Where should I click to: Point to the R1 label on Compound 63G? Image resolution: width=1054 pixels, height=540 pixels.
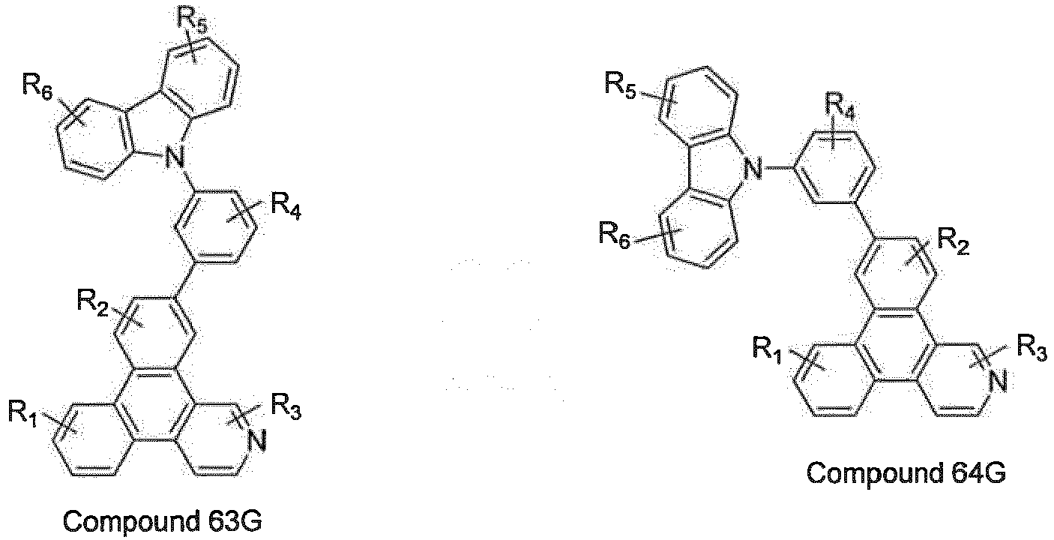point(23,414)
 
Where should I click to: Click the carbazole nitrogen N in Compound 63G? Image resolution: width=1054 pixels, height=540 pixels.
point(175,157)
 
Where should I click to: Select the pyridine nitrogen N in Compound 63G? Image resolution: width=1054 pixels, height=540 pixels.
point(257,441)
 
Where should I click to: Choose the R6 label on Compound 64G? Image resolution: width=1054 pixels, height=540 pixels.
point(615,235)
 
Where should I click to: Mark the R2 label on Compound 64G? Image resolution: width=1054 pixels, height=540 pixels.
point(954,241)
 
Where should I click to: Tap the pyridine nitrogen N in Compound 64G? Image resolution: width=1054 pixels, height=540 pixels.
point(997,381)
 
